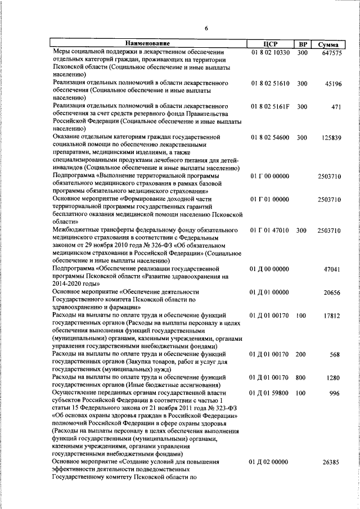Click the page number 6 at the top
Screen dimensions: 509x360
coord(206,29)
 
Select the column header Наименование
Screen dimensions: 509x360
coord(148,44)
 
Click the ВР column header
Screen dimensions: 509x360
coord(303,44)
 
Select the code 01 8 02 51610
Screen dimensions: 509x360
coord(270,83)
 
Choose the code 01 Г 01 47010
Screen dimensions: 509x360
coord(270,231)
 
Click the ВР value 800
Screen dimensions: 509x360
coord(302,378)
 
